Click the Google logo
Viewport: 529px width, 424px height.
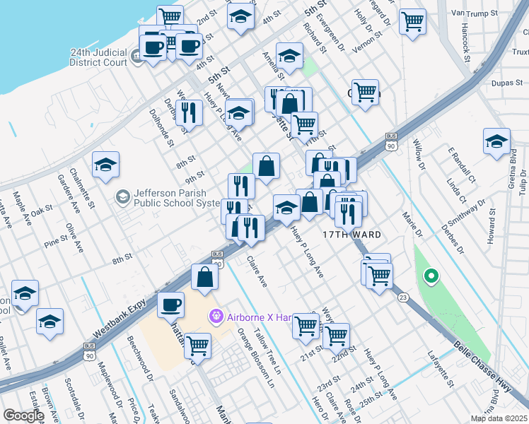[23, 416]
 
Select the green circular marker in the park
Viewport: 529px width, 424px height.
[429, 276]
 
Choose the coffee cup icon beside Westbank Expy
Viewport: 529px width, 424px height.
[170, 305]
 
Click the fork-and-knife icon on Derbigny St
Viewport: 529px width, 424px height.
[188, 112]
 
